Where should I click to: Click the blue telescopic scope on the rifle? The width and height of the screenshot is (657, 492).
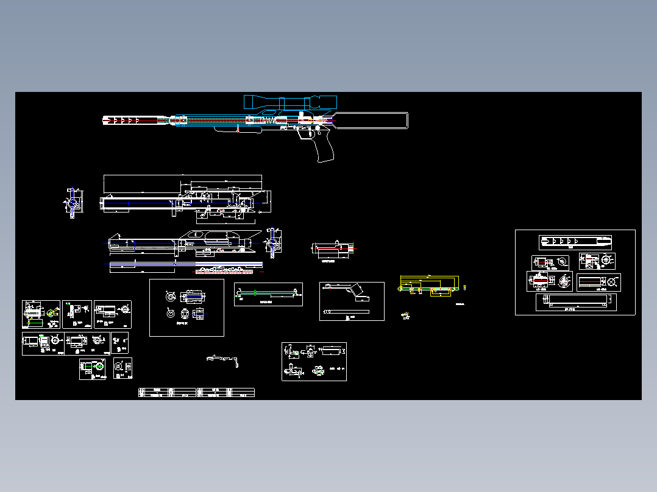tap(290, 102)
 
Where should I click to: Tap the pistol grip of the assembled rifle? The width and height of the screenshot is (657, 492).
tap(324, 148)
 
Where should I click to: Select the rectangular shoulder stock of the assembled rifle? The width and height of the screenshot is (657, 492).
tap(372, 121)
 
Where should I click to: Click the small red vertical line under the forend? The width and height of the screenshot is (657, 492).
tap(238, 129)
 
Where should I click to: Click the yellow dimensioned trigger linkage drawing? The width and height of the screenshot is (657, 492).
tap(430, 286)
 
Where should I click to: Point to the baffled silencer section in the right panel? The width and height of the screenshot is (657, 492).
tap(575, 242)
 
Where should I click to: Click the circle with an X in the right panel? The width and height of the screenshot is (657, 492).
tap(613, 283)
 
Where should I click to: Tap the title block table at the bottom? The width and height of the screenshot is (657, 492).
tap(196, 392)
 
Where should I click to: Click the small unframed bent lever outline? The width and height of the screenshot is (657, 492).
tap(223, 359)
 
